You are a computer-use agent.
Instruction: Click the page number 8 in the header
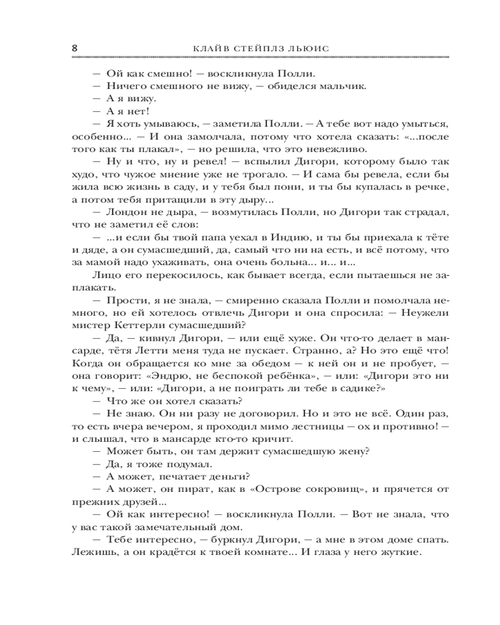click(75, 47)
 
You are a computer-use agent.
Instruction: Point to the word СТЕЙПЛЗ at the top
click(266, 47)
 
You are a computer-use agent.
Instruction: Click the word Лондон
click(128, 213)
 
